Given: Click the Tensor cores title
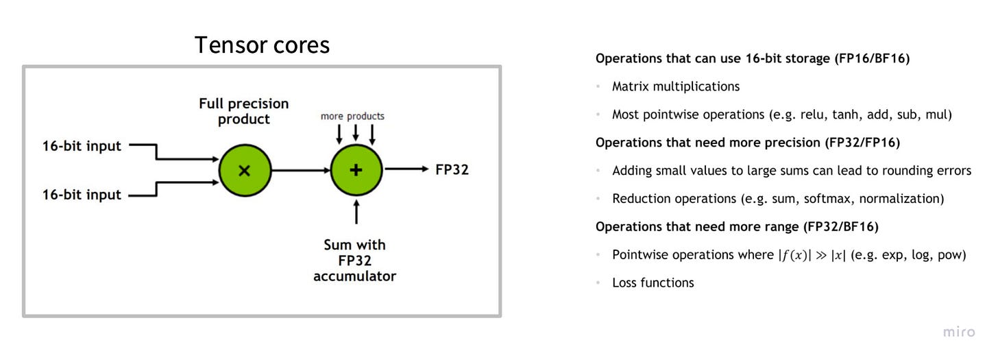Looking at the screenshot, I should pos(262,45).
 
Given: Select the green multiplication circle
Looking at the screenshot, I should pos(245,170).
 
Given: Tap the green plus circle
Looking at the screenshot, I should pos(356,170).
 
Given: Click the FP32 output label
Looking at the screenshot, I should pos(452,169).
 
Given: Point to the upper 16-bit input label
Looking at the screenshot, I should pos(82,145).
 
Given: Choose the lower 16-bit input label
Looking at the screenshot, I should pos(82,195).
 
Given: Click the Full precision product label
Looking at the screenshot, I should pos(244,111).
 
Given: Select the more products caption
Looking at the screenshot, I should pos(352,116).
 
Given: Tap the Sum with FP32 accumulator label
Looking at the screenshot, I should pos(355,261).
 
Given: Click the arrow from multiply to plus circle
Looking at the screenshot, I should pos(301,170).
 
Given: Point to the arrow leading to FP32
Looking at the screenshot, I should pos(406,169).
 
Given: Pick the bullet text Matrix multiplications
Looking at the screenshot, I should pos(676,86).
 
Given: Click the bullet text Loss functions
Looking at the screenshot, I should pos(653,283).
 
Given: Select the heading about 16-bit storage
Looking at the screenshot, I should pos(752,58).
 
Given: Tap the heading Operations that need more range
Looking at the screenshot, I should pos(737,226).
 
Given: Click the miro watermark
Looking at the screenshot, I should pos(958,332).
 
